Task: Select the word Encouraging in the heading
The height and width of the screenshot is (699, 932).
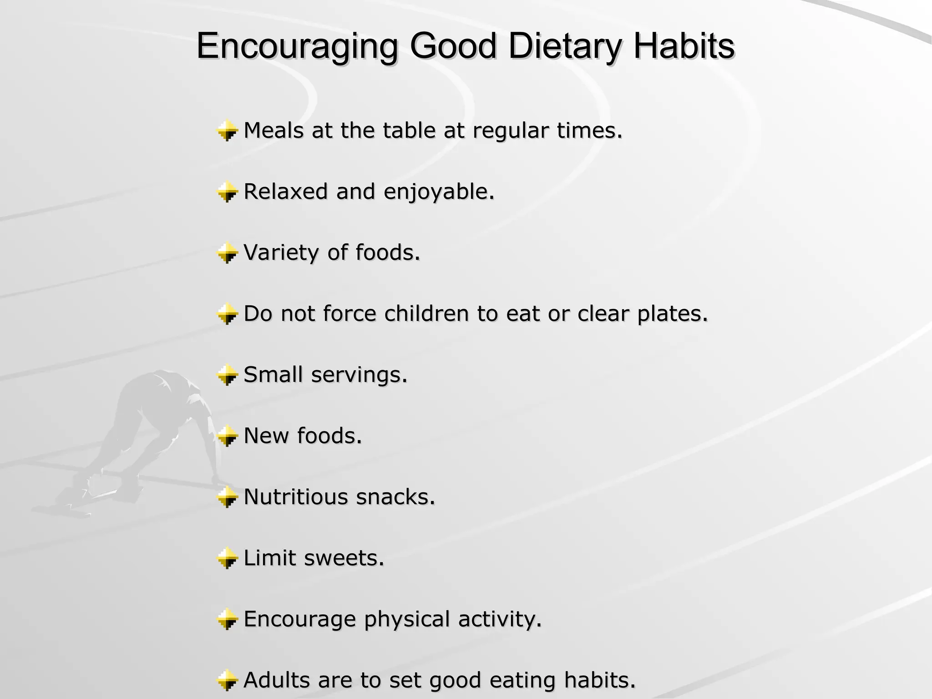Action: pyautogui.click(x=297, y=47)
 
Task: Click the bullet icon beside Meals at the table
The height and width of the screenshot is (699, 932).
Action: pyautogui.click(x=227, y=131)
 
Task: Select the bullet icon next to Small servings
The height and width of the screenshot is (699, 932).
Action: pyautogui.click(x=227, y=375)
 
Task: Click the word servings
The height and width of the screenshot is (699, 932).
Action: pyautogui.click(x=359, y=375)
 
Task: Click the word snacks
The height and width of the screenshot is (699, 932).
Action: pyautogui.click(x=395, y=496)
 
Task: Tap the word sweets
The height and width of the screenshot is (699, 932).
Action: pyautogui.click(x=344, y=558)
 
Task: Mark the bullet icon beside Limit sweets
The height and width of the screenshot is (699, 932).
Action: pyautogui.click(x=227, y=558)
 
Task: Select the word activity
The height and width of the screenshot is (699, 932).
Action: pyautogui.click(x=500, y=619)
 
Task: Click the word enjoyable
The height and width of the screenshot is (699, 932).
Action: pyautogui.click(x=439, y=192)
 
